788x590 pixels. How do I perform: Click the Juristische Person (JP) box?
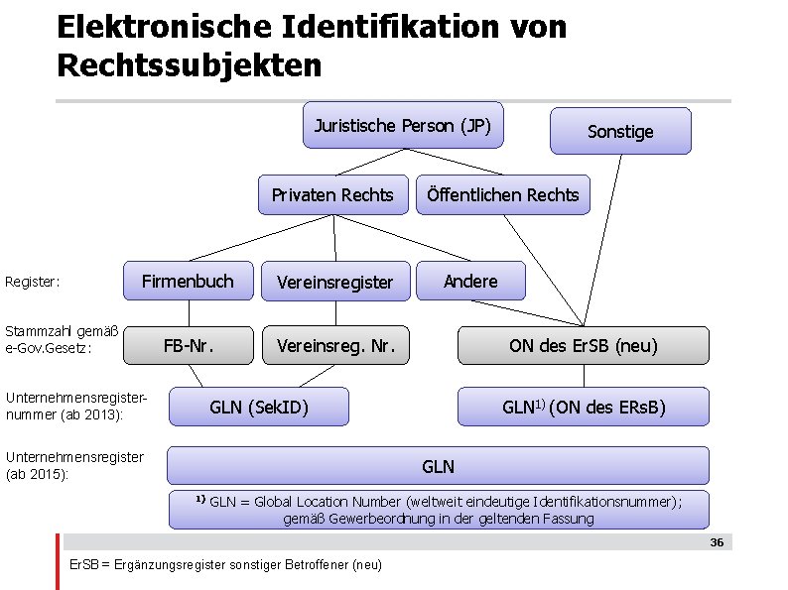tap(403, 125)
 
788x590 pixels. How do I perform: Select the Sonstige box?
tap(620, 131)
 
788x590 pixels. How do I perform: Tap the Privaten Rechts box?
tap(332, 194)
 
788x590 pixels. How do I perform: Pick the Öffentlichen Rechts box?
tap(502, 194)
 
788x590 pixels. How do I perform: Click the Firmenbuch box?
tap(188, 282)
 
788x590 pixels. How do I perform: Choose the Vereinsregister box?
tap(334, 283)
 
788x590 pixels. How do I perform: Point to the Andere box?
tap(470, 282)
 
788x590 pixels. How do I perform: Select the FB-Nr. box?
tap(189, 345)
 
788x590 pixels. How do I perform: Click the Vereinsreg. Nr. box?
tap(335, 345)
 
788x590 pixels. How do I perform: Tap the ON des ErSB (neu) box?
tap(583, 345)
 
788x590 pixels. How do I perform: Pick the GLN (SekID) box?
tap(259, 407)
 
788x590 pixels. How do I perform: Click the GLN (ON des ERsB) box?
tap(583, 407)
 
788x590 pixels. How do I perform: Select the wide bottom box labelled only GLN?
tap(438, 465)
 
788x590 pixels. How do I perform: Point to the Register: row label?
tap(33, 283)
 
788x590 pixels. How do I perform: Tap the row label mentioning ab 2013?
tap(74, 406)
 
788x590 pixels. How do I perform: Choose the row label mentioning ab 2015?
tap(74, 465)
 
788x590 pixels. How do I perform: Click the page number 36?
tap(717, 543)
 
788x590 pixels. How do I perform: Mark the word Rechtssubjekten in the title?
tap(190, 65)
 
